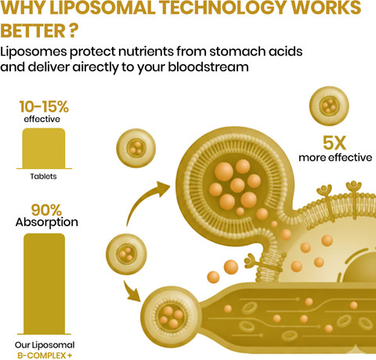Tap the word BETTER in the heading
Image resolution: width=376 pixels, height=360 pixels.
33,31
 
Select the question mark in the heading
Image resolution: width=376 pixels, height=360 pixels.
74,31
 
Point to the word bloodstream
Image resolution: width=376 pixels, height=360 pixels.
208,67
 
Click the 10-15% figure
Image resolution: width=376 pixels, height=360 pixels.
44,106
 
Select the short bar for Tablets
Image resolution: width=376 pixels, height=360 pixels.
44,149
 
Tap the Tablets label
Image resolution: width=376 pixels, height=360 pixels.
43,176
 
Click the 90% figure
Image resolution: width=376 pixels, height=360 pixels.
46,210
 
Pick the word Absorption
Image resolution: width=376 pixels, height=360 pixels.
47,222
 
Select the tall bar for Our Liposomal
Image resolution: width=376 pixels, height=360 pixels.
44,283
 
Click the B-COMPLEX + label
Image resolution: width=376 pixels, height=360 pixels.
45,355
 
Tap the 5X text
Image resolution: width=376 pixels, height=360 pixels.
334,143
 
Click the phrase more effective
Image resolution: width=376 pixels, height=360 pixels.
335,157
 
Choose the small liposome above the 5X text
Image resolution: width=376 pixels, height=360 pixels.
329,106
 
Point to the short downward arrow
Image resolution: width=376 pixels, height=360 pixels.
132,290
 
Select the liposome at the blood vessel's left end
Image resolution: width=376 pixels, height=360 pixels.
169,315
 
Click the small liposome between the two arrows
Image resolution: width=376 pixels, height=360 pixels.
126,254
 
